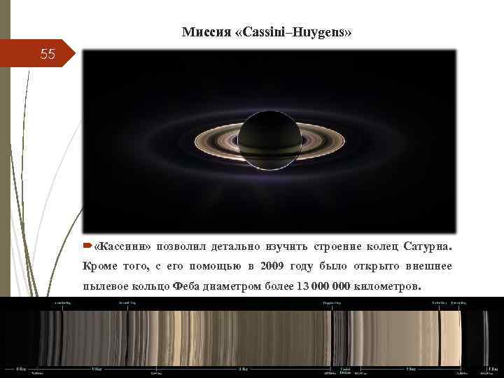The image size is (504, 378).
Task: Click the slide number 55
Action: click(x=47, y=53)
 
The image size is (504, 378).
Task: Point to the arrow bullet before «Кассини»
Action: click(x=87, y=246)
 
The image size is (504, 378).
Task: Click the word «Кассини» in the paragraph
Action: click(x=122, y=247)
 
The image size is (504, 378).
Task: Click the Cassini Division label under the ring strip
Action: click(x=346, y=370)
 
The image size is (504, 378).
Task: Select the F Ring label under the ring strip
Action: click(x=493, y=368)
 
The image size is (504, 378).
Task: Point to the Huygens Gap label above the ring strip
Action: click(x=332, y=303)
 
